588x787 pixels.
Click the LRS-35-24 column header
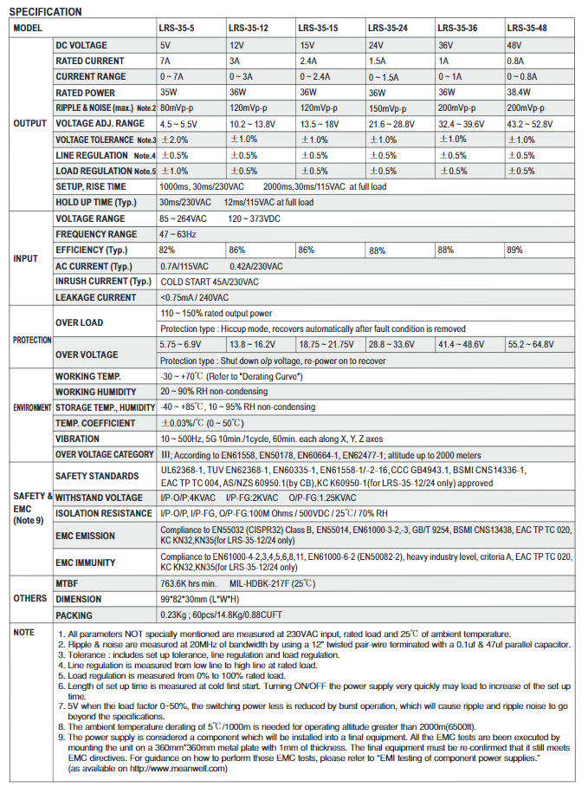[x=387, y=28]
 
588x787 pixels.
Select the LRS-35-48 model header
[x=527, y=28]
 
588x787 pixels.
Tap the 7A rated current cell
[x=165, y=61]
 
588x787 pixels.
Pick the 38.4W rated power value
[x=520, y=92]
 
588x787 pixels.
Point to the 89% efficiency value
[x=514, y=250]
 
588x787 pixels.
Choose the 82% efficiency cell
[x=167, y=250]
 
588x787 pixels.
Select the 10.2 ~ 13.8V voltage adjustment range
[x=253, y=124]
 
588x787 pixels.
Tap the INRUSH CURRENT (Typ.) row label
[x=103, y=282]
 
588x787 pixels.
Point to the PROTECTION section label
[x=32, y=340]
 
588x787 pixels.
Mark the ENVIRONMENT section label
[x=31, y=407]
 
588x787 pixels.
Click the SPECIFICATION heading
[x=45, y=11]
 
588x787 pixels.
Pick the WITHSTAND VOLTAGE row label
[x=99, y=498]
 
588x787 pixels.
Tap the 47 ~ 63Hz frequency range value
[x=178, y=234]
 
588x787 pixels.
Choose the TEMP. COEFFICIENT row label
[x=95, y=423]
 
